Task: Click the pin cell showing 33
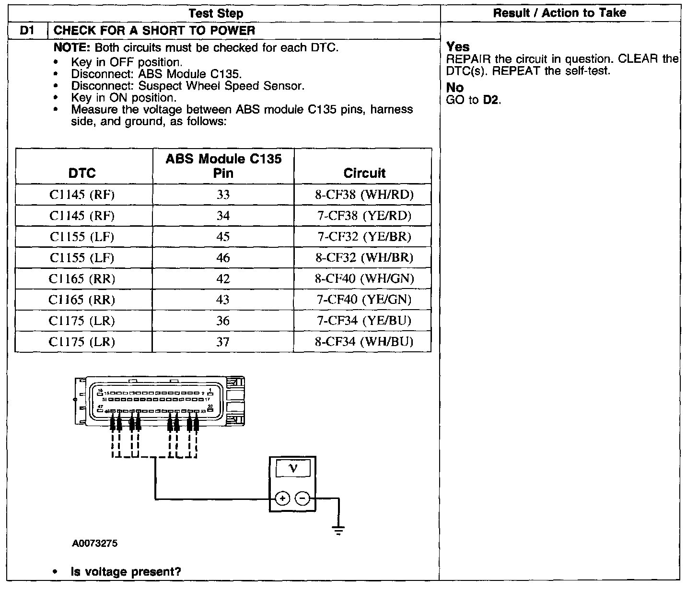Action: tap(223, 195)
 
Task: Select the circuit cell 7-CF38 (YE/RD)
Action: tap(364, 216)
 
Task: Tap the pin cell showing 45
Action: tap(223, 237)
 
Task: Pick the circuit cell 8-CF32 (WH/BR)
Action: tap(364, 258)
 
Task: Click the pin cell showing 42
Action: tap(223, 279)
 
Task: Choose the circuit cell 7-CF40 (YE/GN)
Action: tap(364, 300)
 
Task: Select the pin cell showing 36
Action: tap(223, 321)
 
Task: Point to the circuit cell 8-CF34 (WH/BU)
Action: tap(364, 342)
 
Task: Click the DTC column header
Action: tap(82, 173)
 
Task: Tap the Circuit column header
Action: tap(364, 173)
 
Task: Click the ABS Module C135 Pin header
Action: tap(223, 166)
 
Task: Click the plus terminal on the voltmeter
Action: tap(283, 499)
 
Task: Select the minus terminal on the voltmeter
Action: tap(302, 499)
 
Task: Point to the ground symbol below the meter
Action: tap(338, 530)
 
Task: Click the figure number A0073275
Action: tap(95, 544)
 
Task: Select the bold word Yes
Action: tap(458, 47)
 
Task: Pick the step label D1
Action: tap(27, 31)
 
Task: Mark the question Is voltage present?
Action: tap(126, 572)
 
